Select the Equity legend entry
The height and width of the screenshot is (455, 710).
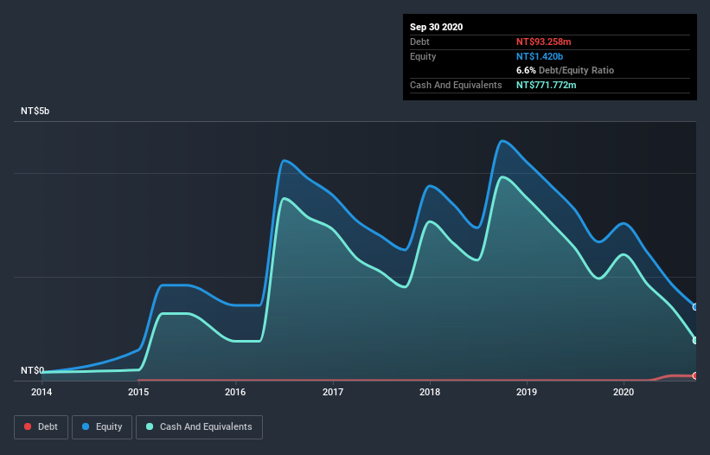pyautogui.click(x=102, y=426)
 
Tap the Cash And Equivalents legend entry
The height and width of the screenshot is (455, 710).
pyautogui.click(x=199, y=426)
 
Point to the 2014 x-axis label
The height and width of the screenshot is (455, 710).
pyautogui.click(x=42, y=392)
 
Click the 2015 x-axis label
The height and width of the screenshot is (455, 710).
pyautogui.click(x=138, y=392)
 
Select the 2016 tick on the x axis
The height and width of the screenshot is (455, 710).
pyautogui.click(x=235, y=392)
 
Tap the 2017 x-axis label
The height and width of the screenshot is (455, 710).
pyautogui.click(x=333, y=392)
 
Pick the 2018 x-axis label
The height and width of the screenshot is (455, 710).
pyautogui.click(x=430, y=392)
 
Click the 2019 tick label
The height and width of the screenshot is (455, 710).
pyautogui.click(x=527, y=392)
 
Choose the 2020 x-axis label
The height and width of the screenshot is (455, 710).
pyautogui.click(x=624, y=392)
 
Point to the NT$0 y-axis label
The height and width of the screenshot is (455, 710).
pyautogui.click(x=32, y=370)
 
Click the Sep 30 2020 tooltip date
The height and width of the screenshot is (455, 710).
pyautogui.click(x=437, y=27)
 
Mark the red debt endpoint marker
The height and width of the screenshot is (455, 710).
pyautogui.click(x=695, y=375)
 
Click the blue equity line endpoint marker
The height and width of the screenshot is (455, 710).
pyautogui.click(x=695, y=307)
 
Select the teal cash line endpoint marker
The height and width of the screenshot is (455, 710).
pyautogui.click(x=695, y=340)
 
